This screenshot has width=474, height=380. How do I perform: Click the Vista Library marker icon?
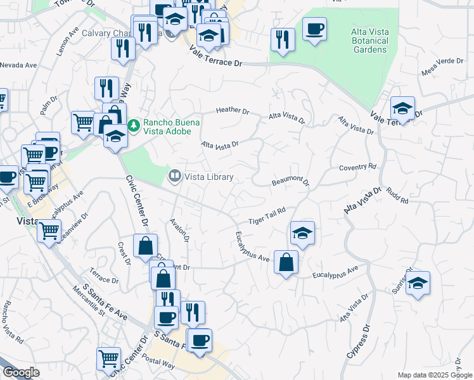tap(174, 175)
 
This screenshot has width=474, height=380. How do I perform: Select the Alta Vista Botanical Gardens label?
tap(369, 40)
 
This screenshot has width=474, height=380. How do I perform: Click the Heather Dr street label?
tap(233, 110)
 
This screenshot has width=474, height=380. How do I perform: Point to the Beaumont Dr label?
tap(290, 182)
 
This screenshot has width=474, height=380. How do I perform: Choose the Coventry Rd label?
tap(357, 167)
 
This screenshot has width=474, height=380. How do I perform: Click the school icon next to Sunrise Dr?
tap(418, 282)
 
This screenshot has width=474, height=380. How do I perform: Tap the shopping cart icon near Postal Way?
tap(108, 358)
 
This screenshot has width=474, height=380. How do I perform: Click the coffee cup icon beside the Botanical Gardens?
tap(314, 28)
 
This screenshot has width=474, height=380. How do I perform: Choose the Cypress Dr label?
tap(356, 345)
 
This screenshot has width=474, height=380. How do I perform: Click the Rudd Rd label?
tap(397, 195)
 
